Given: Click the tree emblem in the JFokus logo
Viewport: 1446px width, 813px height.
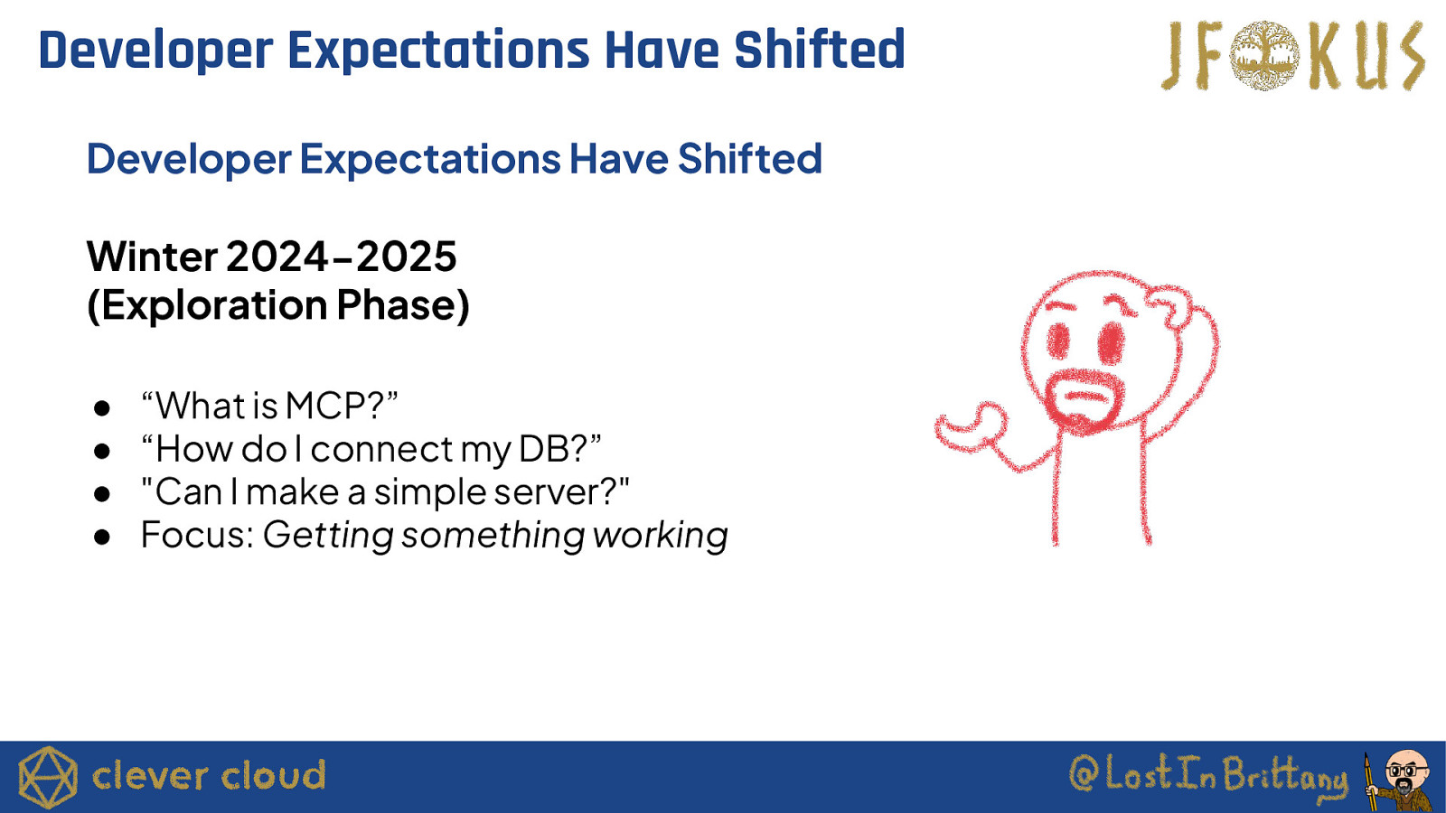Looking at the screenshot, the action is click(1264, 55).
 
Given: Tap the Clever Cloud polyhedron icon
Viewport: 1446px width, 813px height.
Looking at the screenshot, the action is click(48, 778).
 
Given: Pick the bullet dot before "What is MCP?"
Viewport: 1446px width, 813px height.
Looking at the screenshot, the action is click(102, 407).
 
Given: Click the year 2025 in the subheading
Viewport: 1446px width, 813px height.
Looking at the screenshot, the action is click(407, 257).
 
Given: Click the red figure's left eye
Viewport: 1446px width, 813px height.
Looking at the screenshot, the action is click(1058, 341).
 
